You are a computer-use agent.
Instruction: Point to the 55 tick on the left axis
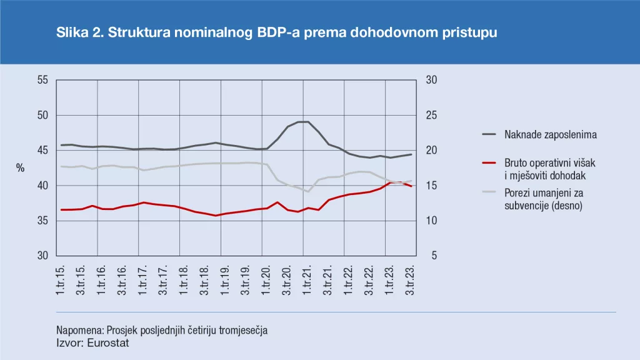click(x=42, y=80)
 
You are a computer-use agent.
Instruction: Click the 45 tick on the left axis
click(x=42, y=151)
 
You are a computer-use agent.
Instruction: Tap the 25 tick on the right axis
click(x=431, y=116)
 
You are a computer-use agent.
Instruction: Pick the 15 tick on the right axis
click(x=431, y=186)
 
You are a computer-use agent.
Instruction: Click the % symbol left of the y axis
click(x=20, y=168)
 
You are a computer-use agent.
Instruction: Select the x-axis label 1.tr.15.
click(x=61, y=279)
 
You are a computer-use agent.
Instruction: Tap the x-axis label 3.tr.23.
click(x=411, y=279)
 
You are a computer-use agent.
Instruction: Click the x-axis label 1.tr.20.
click(x=265, y=279)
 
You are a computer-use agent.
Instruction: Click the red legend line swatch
click(x=490, y=163)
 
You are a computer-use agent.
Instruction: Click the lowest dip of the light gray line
click(x=308, y=191)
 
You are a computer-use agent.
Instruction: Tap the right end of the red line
click(x=411, y=186)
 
